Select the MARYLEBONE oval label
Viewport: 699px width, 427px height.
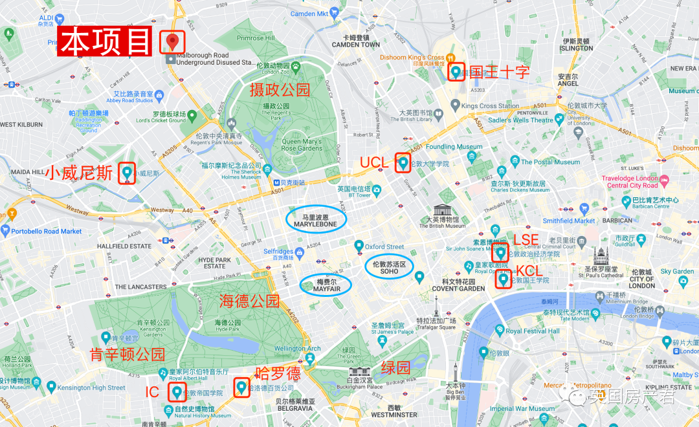click(316, 221)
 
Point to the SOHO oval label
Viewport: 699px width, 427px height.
click(389, 267)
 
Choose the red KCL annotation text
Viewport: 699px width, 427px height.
click(528, 271)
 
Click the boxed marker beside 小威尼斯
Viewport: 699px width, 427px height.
click(127, 173)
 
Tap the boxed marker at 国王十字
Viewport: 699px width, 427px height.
click(456, 71)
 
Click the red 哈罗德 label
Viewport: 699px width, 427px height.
click(278, 374)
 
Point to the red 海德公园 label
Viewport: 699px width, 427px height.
click(249, 301)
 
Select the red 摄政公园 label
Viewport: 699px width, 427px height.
click(280, 90)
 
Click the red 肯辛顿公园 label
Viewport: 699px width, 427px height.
click(127, 355)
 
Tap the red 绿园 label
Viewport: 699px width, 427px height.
click(395, 368)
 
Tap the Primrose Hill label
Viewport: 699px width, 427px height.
click(255, 38)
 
